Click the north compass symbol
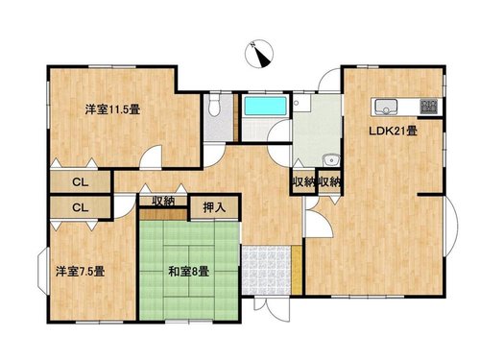(x=259, y=54)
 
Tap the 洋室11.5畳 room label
(x=112, y=109)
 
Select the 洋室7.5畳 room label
(x=80, y=272)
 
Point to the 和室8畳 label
(x=189, y=272)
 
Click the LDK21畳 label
(x=394, y=131)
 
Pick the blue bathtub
(x=265, y=106)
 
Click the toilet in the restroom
(x=214, y=106)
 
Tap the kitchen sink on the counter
(x=386, y=107)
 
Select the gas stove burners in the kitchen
(x=429, y=107)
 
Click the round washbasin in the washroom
(x=331, y=160)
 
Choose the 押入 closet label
(x=214, y=207)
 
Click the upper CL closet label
(x=80, y=182)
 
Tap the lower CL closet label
(x=80, y=207)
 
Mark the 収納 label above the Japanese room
(x=163, y=201)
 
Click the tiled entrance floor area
(x=266, y=270)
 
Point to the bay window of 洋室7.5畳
(x=42, y=271)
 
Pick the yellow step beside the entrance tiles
(x=297, y=270)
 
